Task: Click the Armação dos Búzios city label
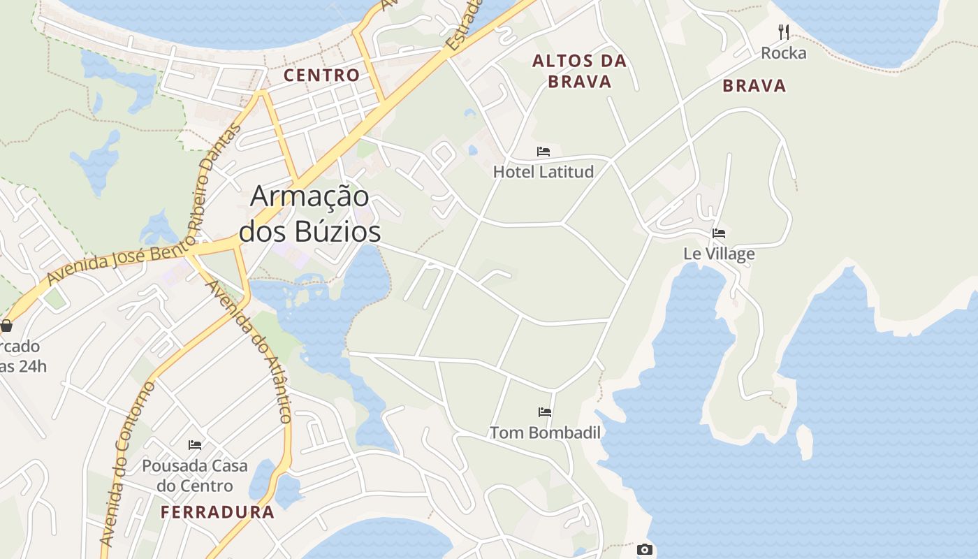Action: [x=309, y=213]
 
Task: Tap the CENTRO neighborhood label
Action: [x=321, y=75]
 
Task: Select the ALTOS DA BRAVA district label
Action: [x=579, y=71]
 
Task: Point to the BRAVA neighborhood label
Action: [x=754, y=86]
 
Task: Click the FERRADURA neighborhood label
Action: [x=217, y=512]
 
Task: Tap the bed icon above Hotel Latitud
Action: [x=543, y=152]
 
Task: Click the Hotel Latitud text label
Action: [x=543, y=172]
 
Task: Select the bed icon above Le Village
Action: [x=719, y=233]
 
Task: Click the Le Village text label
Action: [x=719, y=254]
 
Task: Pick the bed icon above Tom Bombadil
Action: [x=545, y=412]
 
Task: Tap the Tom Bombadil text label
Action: [x=545, y=433]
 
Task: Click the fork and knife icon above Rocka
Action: [x=784, y=32]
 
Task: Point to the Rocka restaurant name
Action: [x=784, y=53]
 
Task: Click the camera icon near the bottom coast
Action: [x=645, y=550]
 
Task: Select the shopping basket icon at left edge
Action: [x=6, y=326]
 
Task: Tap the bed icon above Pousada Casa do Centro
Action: [x=195, y=444]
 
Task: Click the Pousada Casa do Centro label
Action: [x=195, y=476]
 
